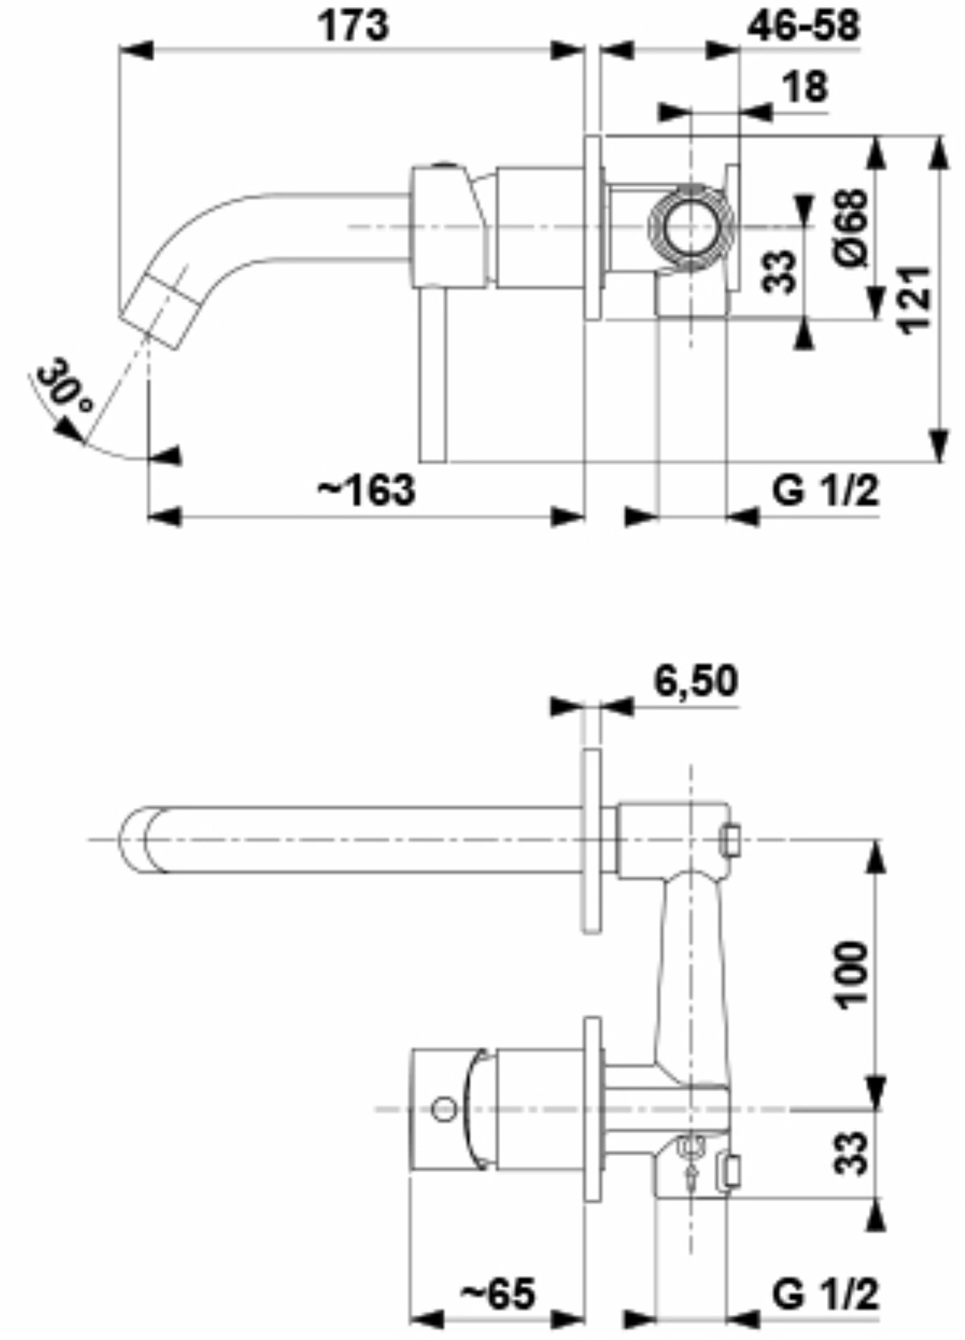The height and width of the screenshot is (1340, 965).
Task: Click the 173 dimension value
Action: coord(354,26)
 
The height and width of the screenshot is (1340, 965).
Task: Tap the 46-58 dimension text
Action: coord(804,26)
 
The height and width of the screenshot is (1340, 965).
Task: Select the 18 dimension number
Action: coord(805,86)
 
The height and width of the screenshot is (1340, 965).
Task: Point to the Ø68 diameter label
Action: coord(853,227)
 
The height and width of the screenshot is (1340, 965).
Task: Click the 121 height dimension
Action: coord(915,300)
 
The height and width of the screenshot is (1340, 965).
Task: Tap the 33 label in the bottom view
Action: coord(852,1152)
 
